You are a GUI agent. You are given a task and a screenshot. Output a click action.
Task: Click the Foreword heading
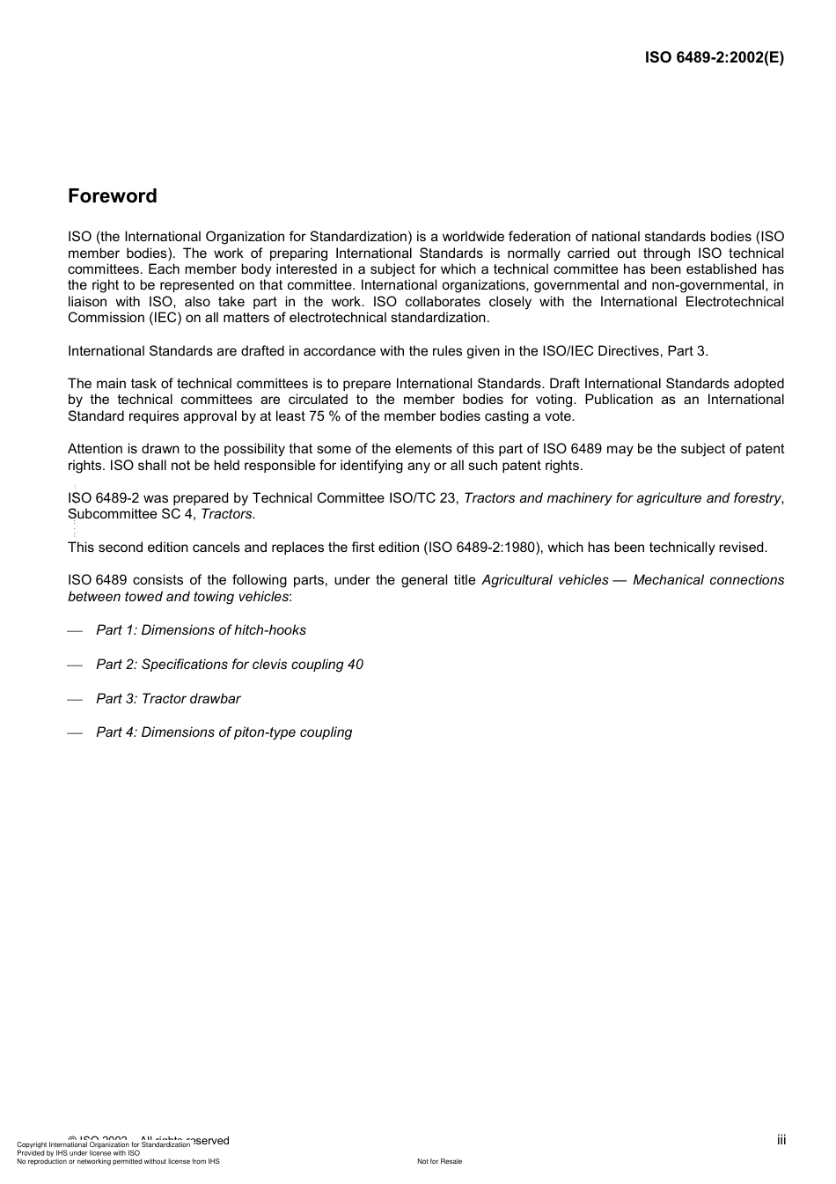[x=113, y=196]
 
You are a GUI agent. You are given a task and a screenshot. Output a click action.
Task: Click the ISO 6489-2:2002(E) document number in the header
[x=714, y=58]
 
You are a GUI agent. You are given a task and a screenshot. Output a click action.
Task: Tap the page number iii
[x=781, y=1140]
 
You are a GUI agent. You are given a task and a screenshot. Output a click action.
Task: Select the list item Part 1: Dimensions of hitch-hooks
[x=201, y=630]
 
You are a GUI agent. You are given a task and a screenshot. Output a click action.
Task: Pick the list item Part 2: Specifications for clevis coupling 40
[x=229, y=665]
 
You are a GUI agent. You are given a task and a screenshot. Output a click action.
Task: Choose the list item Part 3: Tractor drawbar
[x=168, y=699]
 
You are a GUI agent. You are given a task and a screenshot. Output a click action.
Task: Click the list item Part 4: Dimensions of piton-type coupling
[x=224, y=732]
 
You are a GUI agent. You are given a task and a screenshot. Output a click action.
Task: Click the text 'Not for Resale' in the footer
[x=439, y=1161]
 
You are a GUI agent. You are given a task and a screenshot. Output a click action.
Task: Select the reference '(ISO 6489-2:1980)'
[x=481, y=548]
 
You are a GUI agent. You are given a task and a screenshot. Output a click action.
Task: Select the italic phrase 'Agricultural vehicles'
[x=545, y=580]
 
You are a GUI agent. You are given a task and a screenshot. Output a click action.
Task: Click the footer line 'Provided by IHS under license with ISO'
[x=78, y=1152]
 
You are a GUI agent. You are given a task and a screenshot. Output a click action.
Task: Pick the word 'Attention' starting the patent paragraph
[x=96, y=449]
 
